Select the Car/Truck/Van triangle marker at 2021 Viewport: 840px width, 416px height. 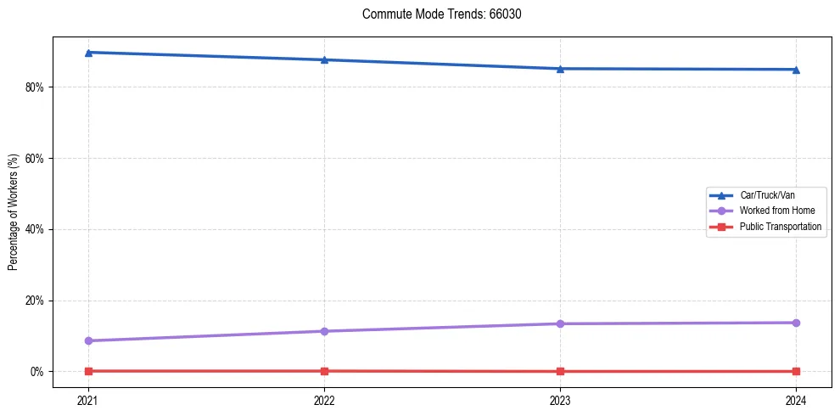pos(88,53)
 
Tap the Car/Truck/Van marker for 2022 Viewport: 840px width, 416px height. pos(324,59)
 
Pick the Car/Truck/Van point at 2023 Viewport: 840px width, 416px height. pos(560,69)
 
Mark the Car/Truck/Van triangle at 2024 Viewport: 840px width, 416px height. pos(796,70)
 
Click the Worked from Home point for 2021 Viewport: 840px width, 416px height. pos(88,340)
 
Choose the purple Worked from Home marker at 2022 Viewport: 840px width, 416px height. pos(324,331)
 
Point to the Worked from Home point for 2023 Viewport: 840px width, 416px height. pos(560,323)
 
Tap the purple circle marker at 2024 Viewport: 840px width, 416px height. pos(796,323)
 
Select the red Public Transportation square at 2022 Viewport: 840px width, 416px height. pos(324,371)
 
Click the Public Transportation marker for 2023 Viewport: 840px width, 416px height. pos(560,371)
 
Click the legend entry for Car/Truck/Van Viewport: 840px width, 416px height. pos(766,195)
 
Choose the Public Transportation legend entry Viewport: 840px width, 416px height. pos(780,227)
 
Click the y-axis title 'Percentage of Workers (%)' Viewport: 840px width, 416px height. pos(14,211)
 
